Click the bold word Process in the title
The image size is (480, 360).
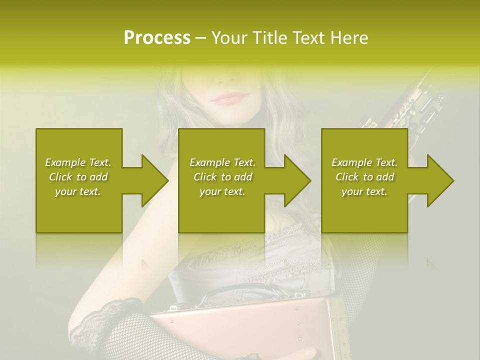tap(157, 37)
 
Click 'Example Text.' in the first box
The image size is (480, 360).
tap(78, 162)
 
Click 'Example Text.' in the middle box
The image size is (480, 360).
tap(222, 162)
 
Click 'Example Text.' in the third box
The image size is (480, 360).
tap(364, 162)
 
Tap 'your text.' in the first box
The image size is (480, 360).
tap(78, 191)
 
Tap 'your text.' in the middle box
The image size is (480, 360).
tap(222, 191)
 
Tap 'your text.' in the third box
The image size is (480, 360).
tap(364, 191)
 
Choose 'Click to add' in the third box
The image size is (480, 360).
tap(364, 177)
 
